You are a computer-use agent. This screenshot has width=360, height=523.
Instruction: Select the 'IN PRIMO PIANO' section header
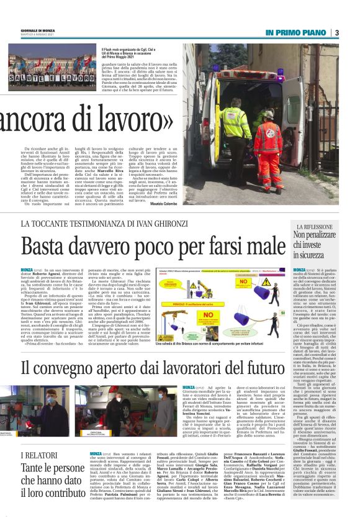(295, 32)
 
